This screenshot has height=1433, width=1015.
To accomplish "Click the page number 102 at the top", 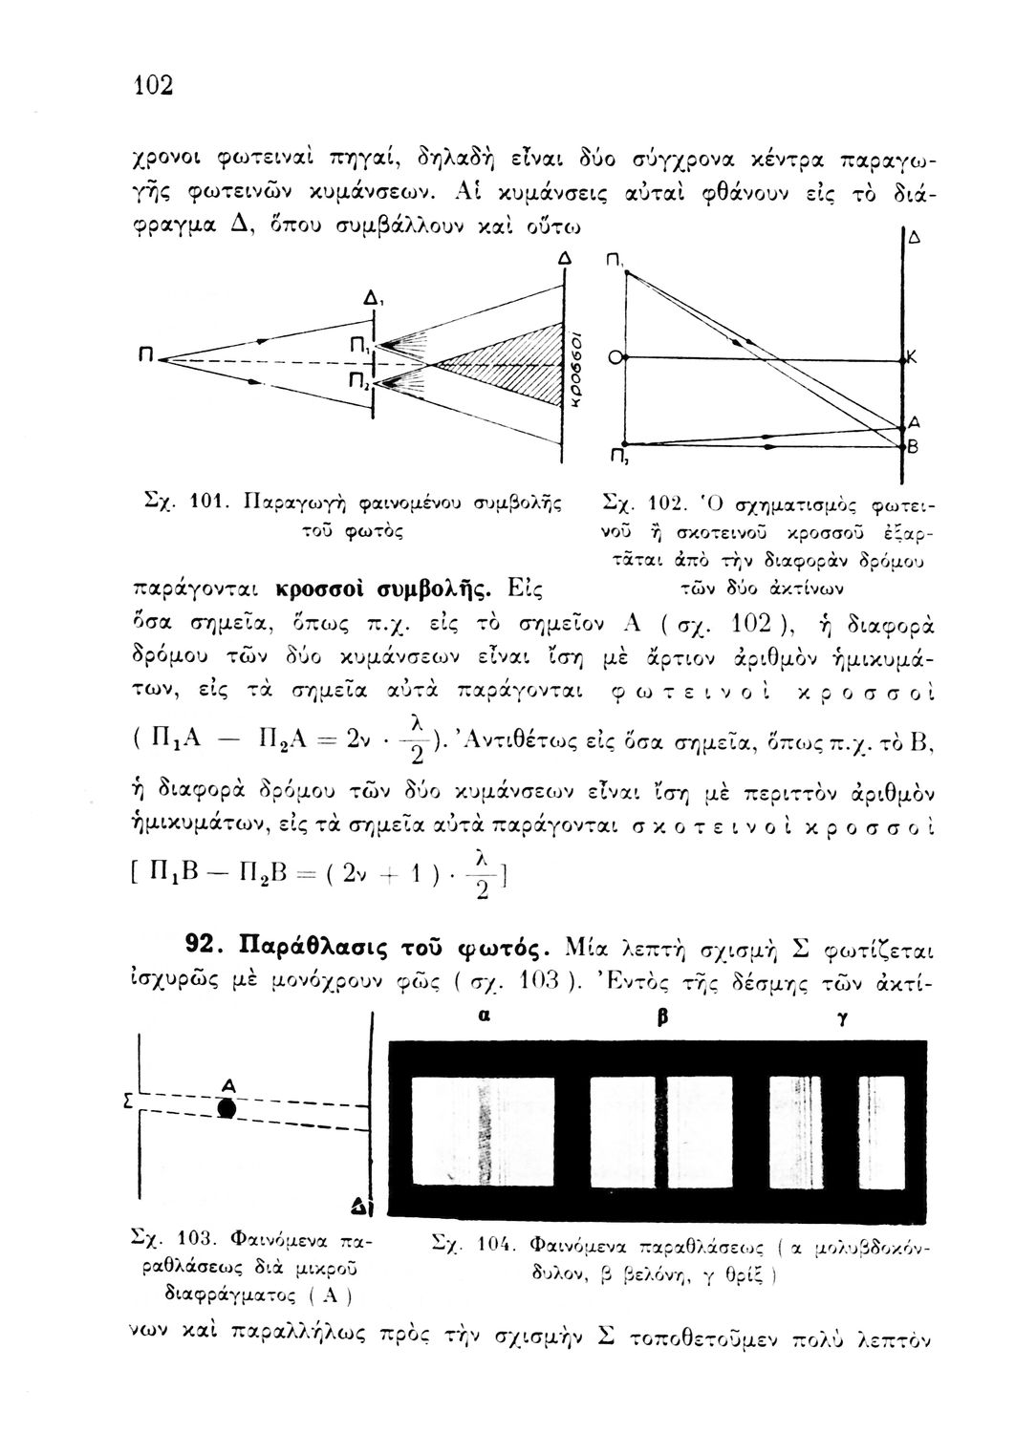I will [x=153, y=85].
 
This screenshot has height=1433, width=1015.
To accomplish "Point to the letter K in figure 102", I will [x=912, y=358].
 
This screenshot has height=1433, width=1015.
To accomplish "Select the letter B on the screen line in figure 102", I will [x=912, y=446].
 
